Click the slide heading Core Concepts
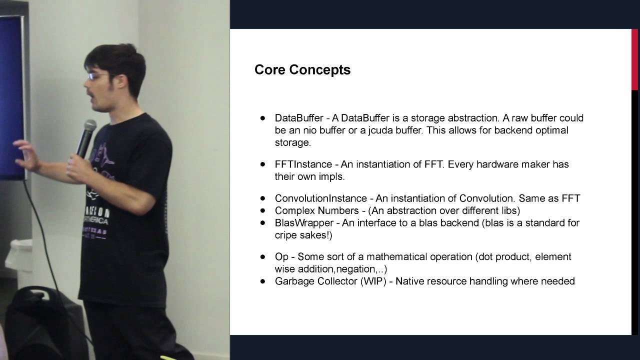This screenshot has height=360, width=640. tap(302, 69)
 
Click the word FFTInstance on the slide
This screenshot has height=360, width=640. tap(303, 164)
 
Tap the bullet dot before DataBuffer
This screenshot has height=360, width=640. tap(262, 118)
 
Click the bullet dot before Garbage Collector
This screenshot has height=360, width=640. tap(262, 281)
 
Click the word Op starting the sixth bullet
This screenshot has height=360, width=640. tap(281, 257)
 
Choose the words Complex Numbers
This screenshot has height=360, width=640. tap(316, 211)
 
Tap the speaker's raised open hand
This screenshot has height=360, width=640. tap(27, 155)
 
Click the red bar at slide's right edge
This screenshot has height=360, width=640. tap(634, 60)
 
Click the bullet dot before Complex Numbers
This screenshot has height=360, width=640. tap(262, 211)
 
